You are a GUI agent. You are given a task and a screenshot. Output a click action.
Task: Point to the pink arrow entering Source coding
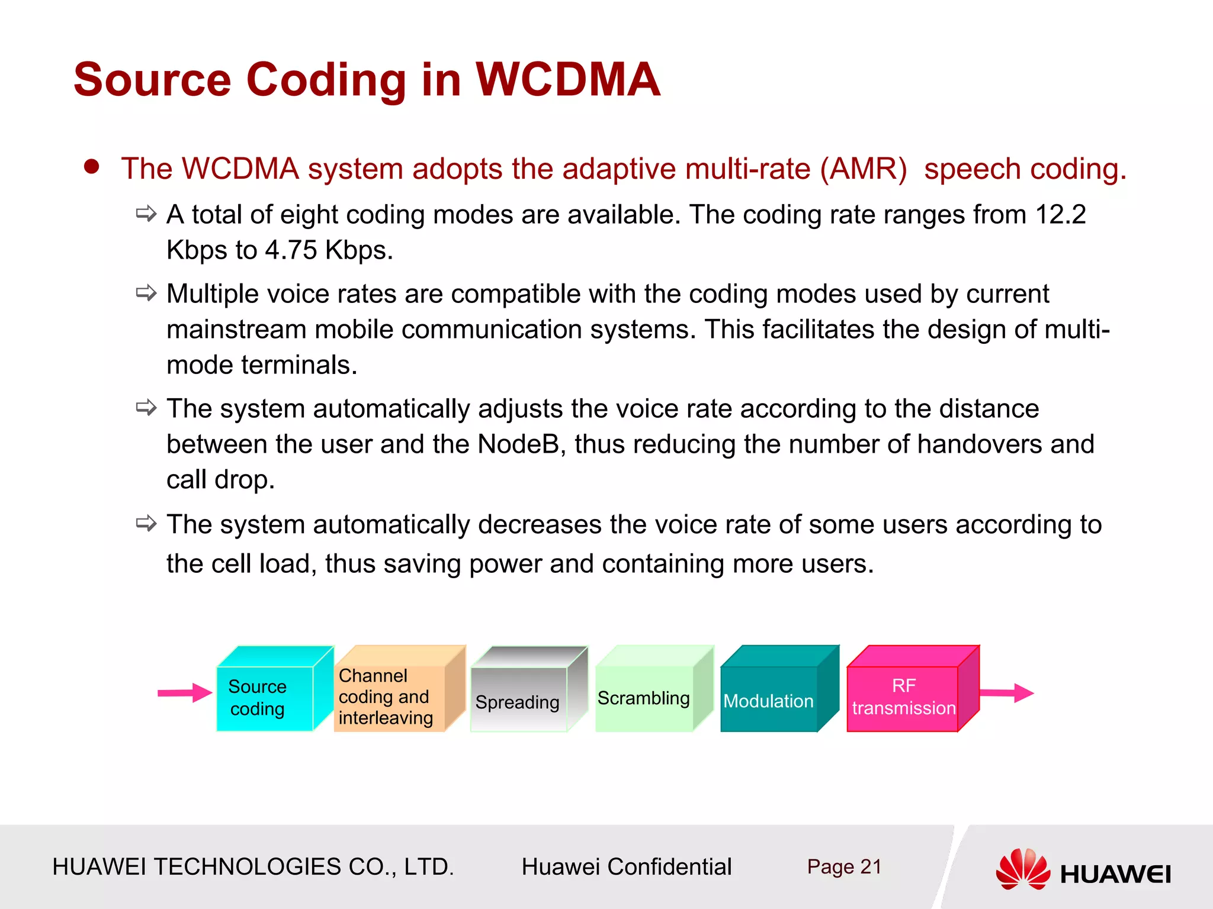(x=184, y=692)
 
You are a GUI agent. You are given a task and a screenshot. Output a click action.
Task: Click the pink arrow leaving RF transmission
(x=1006, y=692)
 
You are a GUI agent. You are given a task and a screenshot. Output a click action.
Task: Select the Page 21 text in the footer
(x=844, y=866)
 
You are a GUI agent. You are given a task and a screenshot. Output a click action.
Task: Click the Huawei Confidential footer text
(x=626, y=866)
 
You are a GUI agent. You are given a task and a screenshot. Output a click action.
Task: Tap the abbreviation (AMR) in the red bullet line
(x=863, y=169)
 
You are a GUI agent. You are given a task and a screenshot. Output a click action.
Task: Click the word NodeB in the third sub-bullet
(x=518, y=444)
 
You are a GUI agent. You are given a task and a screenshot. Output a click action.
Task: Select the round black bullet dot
(x=91, y=166)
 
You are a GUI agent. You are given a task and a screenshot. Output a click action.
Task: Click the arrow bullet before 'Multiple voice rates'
(x=146, y=292)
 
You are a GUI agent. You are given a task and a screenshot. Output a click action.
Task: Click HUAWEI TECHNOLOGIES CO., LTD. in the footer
(x=253, y=866)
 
